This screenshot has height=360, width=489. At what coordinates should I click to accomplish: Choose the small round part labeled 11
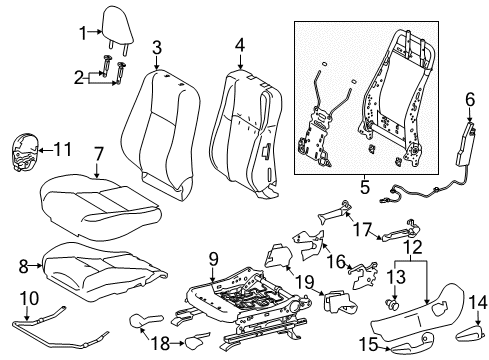tap(27, 150)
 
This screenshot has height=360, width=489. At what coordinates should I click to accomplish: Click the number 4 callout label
tap(240, 45)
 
